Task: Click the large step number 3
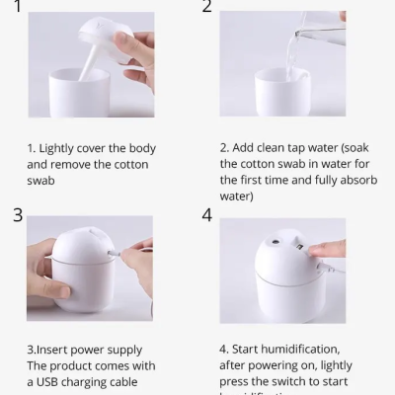point(18,215)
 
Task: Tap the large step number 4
point(207,215)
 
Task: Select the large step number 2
point(207,7)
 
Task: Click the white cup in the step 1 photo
point(84,93)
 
